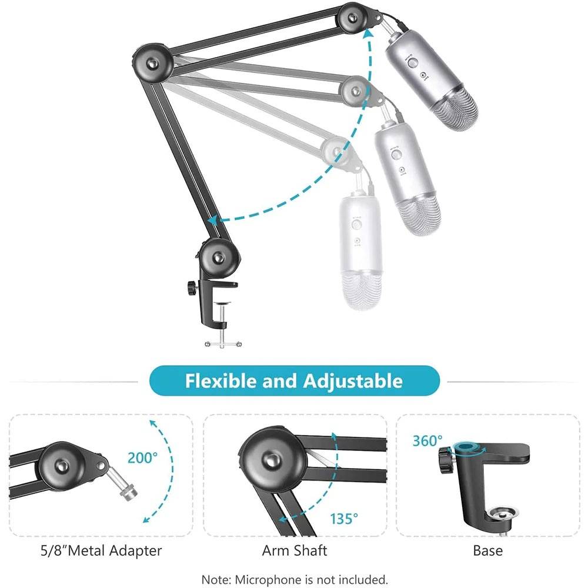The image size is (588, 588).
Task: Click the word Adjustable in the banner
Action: click(353, 380)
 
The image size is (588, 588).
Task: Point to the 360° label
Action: click(427, 441)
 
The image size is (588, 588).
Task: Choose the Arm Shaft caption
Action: click(294, 551)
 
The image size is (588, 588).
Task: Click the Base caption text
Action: click(487, 551)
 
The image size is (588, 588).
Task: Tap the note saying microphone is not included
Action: click(294, 579)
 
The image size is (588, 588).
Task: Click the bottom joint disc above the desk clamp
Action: click(219, 256)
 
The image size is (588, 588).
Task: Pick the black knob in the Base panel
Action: click(445, 456)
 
